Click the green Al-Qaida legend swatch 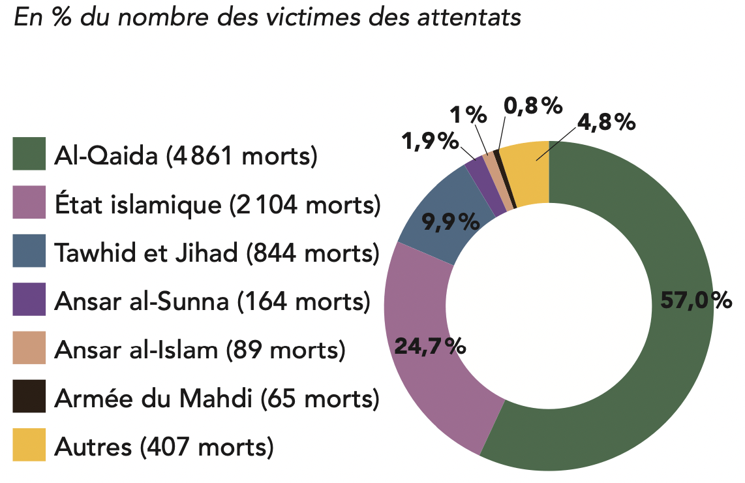click(x=29, y=154)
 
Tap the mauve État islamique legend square click(x=29, y=202)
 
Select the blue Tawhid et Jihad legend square click(x=29, y=251)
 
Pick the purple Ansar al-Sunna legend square click(x=29, y=299)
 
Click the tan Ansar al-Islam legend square click(x=29, y=348)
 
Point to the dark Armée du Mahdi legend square click(x=29, y=396)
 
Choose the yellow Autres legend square click(x=29, y=445)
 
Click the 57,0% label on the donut click(x=695, y=300)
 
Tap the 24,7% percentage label click(x=430, y=346)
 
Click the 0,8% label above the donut click(x=533, y=106)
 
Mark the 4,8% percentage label click(x=606, y=122)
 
